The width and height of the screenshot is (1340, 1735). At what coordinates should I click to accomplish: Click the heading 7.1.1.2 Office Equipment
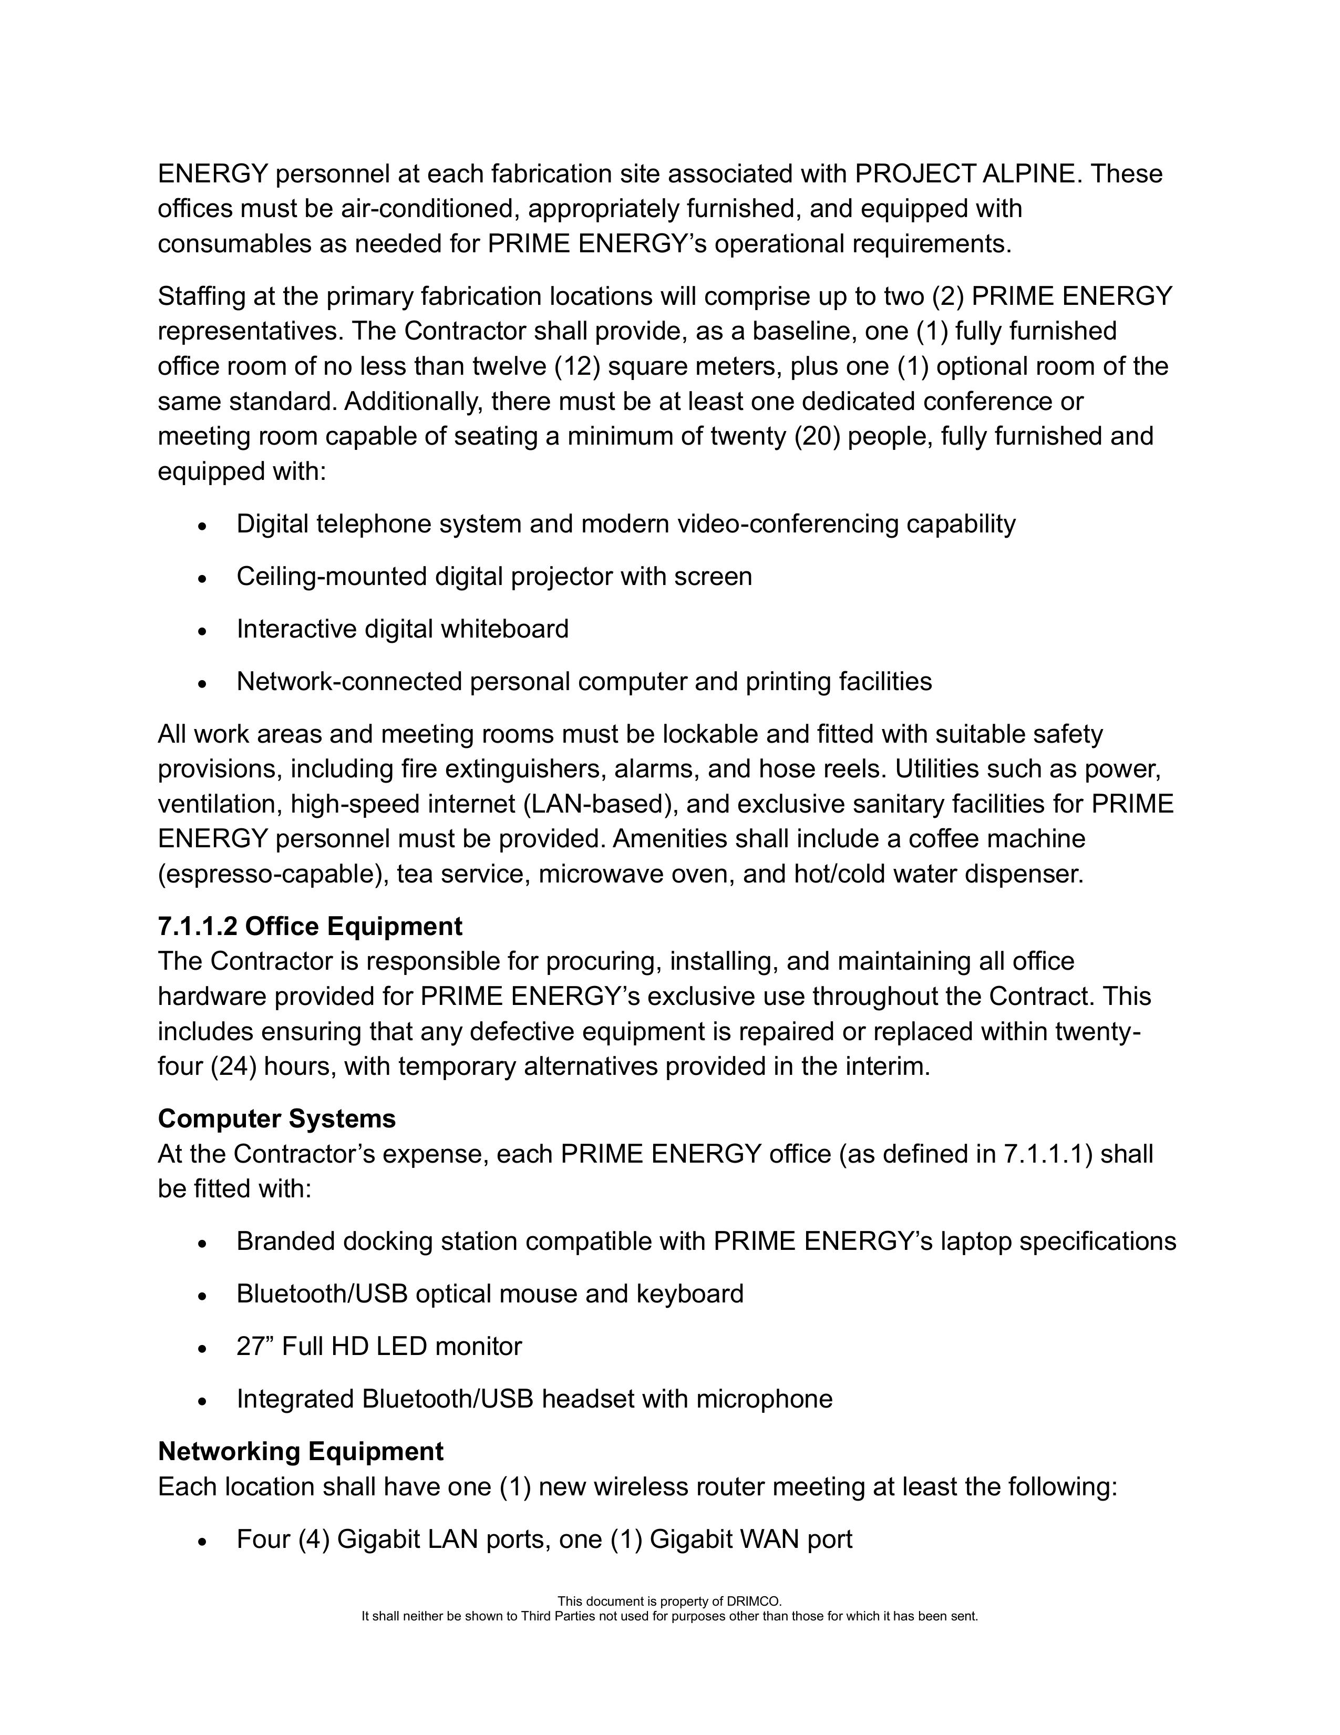pyautogui.click(x=310, y=926)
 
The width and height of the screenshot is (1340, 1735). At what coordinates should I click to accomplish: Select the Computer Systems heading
pyautogui.click(x=276, y=1118)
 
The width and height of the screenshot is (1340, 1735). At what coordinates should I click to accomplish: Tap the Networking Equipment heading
pyautogui.click(x=300, y=1451)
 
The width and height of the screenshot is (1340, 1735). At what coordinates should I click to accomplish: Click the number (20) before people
pyautogui.click(x=817, y=436)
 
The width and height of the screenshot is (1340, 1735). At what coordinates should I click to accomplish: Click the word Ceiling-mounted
pyautogui.click(x=332, y=576)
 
